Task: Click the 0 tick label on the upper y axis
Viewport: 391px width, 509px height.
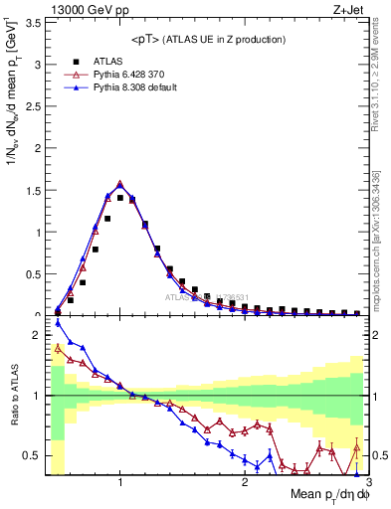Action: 38,314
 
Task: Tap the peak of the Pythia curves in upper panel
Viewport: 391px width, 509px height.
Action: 120,183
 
